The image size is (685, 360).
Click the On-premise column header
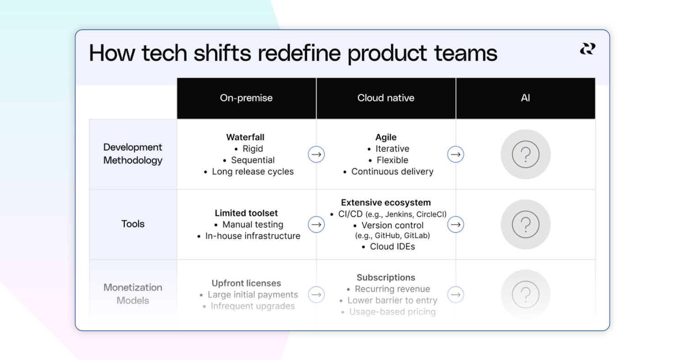246,98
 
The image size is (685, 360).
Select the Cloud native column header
386,98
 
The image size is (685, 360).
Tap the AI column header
525,98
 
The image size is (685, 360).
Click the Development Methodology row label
133,154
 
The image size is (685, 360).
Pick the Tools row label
133,224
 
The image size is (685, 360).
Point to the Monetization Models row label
133,294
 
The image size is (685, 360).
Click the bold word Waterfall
245,137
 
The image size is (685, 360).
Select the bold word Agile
386,137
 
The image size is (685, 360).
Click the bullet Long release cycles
253,172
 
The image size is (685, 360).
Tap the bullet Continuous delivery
392,172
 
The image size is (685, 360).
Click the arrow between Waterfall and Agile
316,154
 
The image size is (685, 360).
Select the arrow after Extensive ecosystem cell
455,224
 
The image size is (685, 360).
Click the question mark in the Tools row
526,224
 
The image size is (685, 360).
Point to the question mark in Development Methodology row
526,154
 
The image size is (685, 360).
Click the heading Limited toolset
246,213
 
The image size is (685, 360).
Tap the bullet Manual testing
253,224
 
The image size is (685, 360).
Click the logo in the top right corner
587,49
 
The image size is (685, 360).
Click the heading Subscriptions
386,277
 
